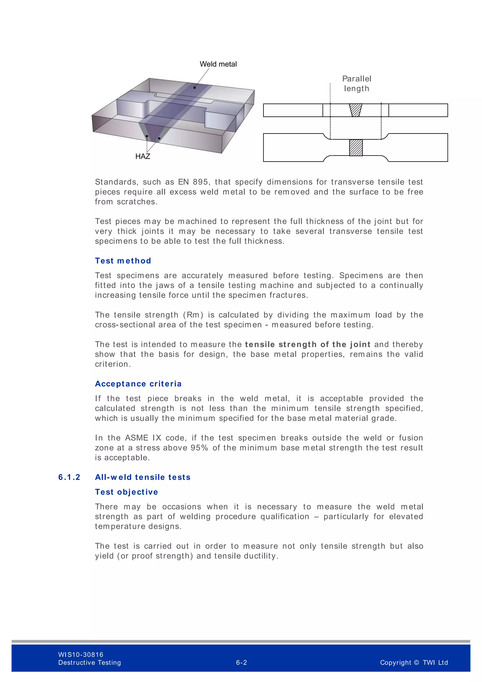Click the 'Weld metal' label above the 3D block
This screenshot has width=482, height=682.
(218, 64)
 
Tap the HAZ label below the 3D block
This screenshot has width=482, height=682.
(143, 156)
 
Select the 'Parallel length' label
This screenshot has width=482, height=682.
(357, 83)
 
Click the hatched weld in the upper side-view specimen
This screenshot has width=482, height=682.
(356, 110)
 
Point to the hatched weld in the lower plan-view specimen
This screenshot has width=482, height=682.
(356, 148)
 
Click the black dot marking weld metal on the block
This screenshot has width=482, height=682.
(195, 88)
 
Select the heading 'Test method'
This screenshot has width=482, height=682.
(123, 261)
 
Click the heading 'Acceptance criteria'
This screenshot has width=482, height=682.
(138, 384)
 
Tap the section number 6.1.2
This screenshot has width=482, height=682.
(69, 477)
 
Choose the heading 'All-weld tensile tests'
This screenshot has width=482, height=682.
(143, 477)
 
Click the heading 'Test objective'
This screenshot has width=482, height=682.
(126, 492)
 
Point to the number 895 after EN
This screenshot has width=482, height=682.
(200, 182)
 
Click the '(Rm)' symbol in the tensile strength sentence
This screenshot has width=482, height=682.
(193, 315)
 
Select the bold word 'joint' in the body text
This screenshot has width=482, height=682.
(360, 344)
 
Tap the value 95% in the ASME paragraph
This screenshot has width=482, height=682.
(199, 448)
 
